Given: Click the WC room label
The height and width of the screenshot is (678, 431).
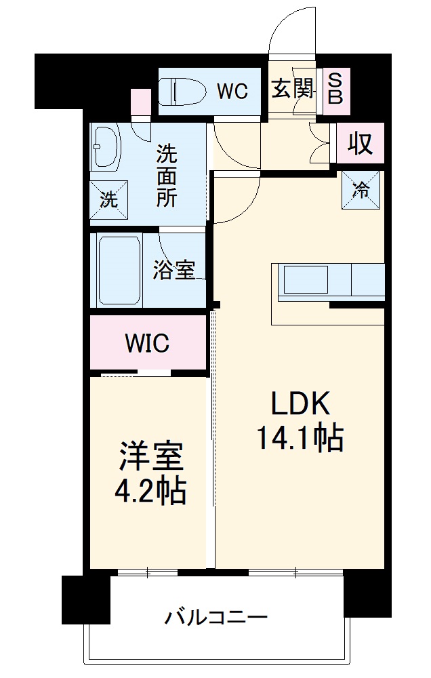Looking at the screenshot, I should tap(232, 91).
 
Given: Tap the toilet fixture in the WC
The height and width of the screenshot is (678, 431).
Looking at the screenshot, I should tap(182, 90).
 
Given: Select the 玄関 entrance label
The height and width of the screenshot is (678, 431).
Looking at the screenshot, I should tap(293, 89).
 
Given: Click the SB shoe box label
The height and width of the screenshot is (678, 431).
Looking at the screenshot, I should tap(335, 88).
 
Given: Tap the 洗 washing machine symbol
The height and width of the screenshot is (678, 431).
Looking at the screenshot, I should tap(108, 200).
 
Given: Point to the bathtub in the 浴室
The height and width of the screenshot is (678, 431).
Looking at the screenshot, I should tap(119, 271).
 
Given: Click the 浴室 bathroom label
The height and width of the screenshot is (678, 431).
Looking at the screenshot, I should tap(174, 271).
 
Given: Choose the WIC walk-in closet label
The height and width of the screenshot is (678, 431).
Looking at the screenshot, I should tap(146, 343).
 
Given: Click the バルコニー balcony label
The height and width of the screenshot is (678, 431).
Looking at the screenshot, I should tap(216, 618).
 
